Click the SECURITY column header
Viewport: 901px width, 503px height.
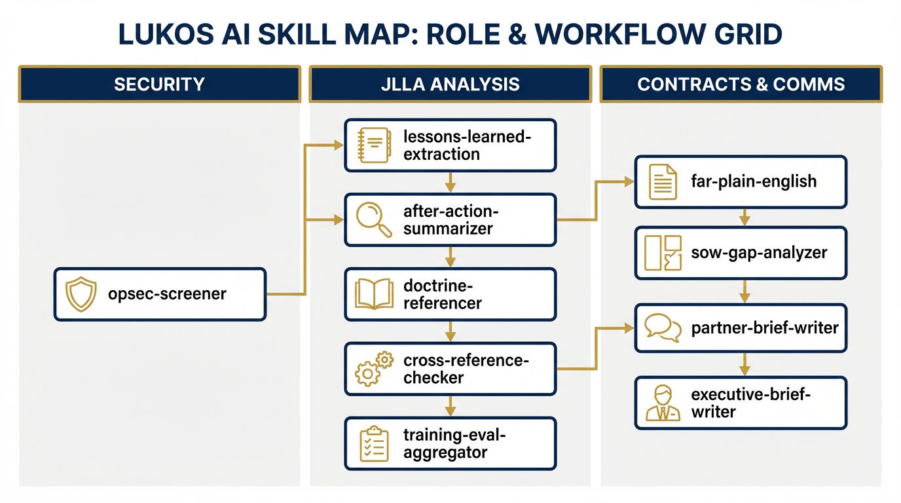click(x=159, y=84)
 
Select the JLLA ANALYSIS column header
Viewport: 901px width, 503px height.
click(x=450, y=84)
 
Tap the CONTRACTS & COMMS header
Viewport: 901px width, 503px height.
click(x=741, y=84)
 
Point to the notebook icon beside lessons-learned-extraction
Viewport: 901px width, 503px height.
click(x=373, y=145)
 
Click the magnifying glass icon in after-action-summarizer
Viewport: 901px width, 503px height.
click(x=372, y=219)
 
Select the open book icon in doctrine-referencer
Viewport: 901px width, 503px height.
click(x=373, y=294)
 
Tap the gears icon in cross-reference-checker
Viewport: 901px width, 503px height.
click(x=373, y=369)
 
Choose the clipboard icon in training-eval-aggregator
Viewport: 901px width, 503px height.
click(x=373, y=443)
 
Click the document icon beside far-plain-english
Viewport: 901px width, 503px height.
click(x=662, y=181)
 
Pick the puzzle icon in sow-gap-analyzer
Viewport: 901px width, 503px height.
click(x=663, y=253)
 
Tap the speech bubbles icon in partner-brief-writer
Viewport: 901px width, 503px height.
click(x=663, y=327)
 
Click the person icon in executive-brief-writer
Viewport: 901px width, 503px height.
click(x=663, y=403)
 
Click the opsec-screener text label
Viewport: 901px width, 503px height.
click(x=167, y=294)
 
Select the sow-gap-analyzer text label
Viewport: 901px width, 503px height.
click(x=759, y=253)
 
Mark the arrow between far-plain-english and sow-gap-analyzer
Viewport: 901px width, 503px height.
click(x=744, y=217)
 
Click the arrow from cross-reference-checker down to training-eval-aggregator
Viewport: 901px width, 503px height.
click(x=450, y=406)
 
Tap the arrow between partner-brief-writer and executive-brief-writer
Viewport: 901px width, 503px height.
click(x=744, y=364)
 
